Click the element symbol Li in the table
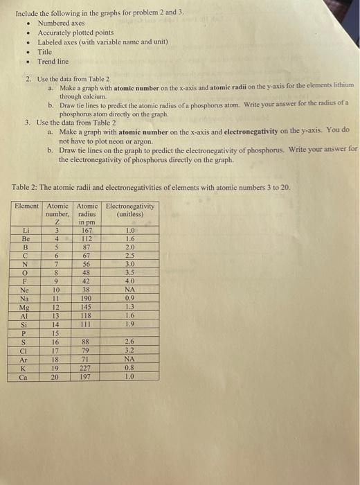26,230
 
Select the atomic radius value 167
87,230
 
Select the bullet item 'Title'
44,52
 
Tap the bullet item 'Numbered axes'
61,23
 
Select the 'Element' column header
27,206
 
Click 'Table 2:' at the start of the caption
26,188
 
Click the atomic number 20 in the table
57,378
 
